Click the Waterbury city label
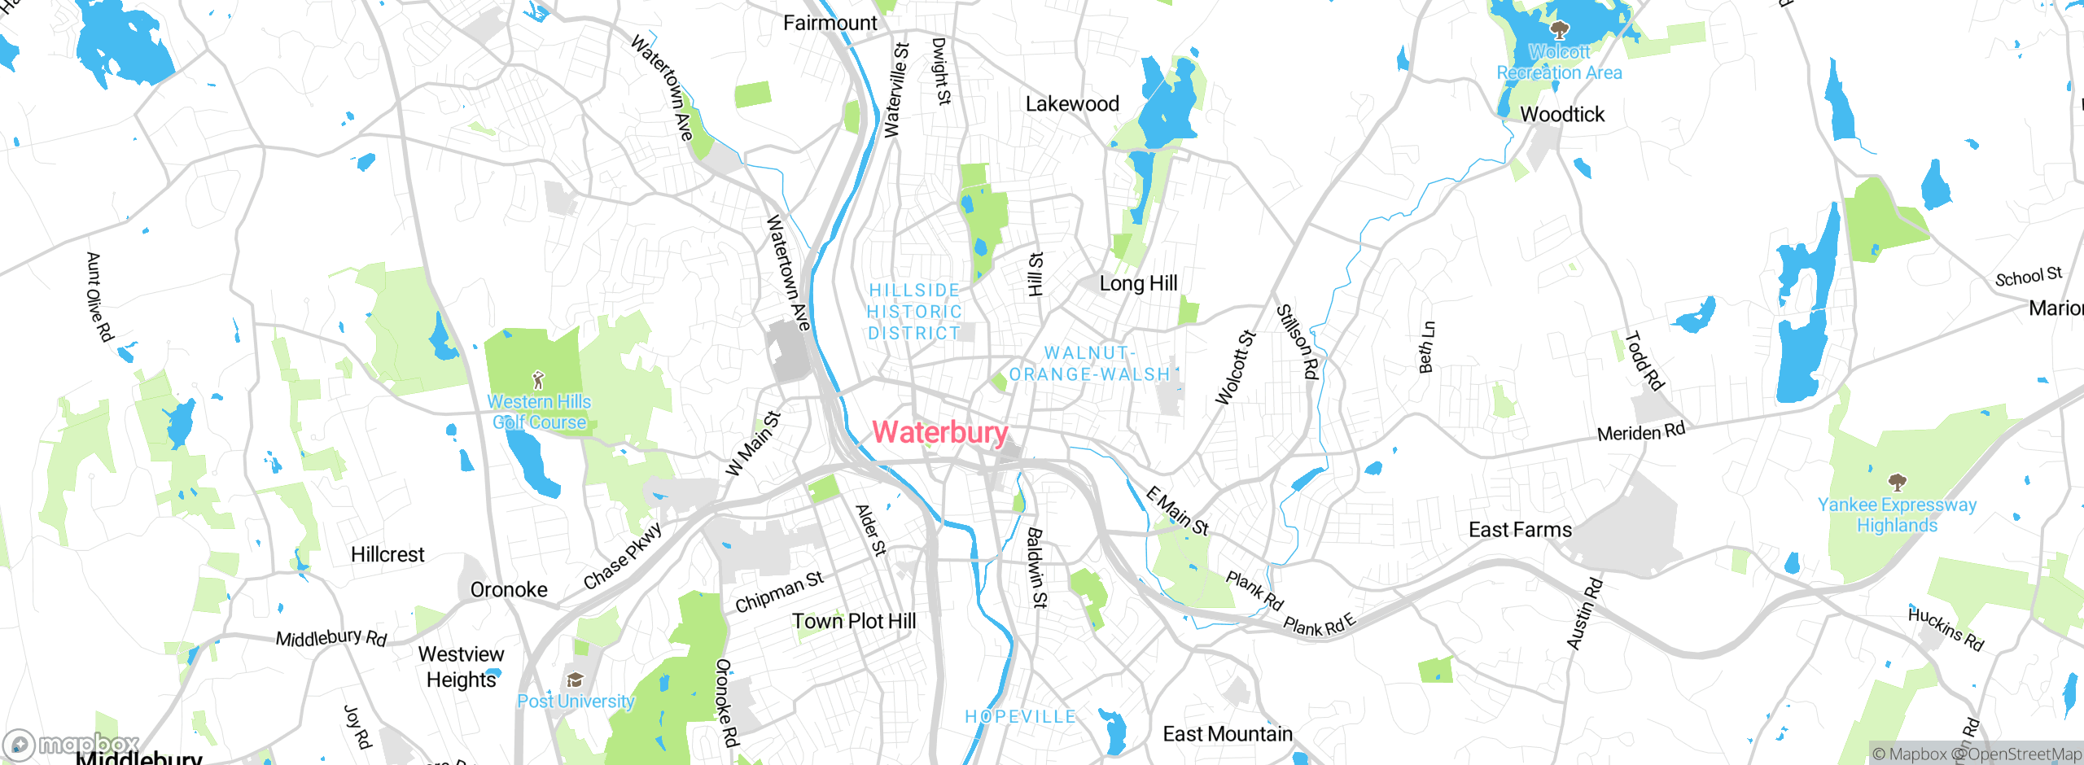[940, 432]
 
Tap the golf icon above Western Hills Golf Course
[538, 380]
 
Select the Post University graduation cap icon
[576, 680]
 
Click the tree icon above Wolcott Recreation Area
[1559, 31]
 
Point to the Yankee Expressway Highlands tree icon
[1898, 483]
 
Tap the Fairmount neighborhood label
[830, 23]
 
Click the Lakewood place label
[1072, 104]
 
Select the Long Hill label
[1138, 283]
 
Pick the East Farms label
[1520, 530]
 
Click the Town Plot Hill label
[854, 621]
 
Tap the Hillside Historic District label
[914, 312]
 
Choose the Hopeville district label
[1020, 717]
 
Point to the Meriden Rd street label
[1641, 432]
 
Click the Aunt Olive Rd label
[99, 297]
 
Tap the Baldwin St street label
[1036, 568]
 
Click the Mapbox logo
[71, 745]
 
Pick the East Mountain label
[1227, 734]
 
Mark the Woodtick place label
[1562, 115]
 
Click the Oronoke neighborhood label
[509, 589]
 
